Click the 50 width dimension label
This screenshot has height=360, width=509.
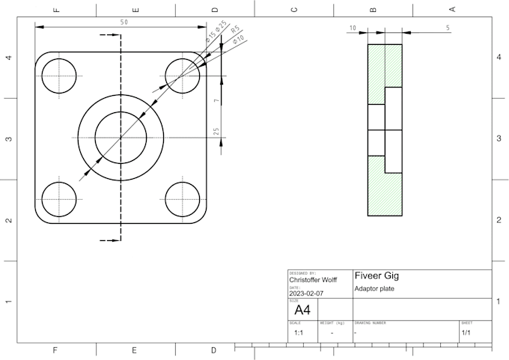pos(124,22)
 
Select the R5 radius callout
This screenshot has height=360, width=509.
pos(234,30)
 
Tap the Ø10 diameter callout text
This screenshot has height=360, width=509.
pos(240,39)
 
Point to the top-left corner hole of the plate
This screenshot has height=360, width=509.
pos(59,76)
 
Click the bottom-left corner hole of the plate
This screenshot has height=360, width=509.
pos(59,199)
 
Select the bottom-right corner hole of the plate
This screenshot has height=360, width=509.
pos(183,199)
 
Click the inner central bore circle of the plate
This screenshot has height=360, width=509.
pos(121,137)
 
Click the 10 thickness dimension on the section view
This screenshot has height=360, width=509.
pos(352,28)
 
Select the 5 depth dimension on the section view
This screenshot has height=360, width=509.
pos(448,28)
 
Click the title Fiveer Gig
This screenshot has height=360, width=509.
pos(377,275)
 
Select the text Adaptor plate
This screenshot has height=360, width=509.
pos(374,289)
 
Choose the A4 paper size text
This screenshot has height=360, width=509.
pos(302,310)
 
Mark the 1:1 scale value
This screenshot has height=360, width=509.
pos(298,332)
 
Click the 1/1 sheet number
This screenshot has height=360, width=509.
pos(466,332)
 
